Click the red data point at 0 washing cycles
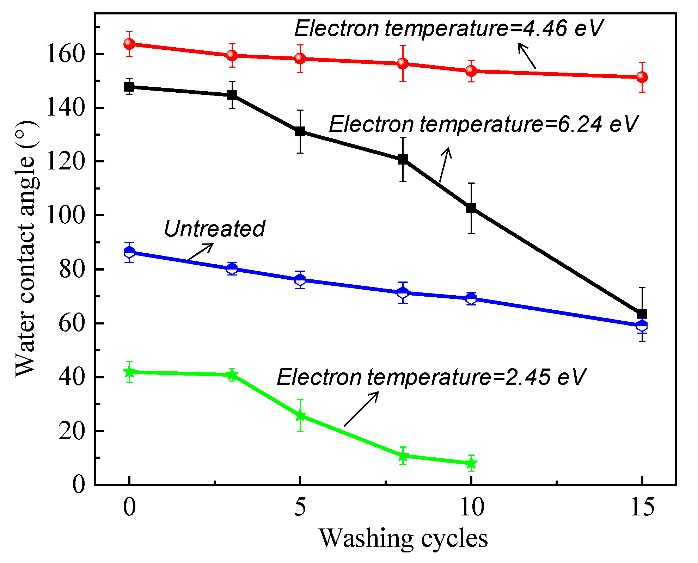pyautogui.click(x=129, y=44)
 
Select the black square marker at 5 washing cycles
pyautogui.click(x=300, y=132)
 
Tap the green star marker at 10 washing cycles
pyautogui.click(x=471, y=463)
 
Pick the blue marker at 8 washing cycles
pyautogui.click(x=403, y=292)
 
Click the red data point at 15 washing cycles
pyautogui.click(x=642, y=77)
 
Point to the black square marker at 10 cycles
pyautogui.click(x=471, y=208)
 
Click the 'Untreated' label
pyautogui.click(x=214, y=229)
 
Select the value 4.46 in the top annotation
pyautogui.click(x=545, y=28)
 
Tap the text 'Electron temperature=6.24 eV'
pyautogui.click(x=483, y=124)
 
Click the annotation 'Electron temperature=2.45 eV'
pyautogui.click(x=431, y=377)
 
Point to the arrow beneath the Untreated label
pyautogui.click(x=200, y=252)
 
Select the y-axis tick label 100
pyautogui.click(x=66, y=215)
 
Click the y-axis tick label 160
pyautogui.click(x=66, y=54)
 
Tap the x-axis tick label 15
pyautogui.click(x=642, y=508)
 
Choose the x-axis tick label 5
pyautogui.click(x=300, y=508)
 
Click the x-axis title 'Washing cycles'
pyautogui.click(x=403, y=538)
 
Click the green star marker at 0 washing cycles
pyautogui.click(x=129, y=372)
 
